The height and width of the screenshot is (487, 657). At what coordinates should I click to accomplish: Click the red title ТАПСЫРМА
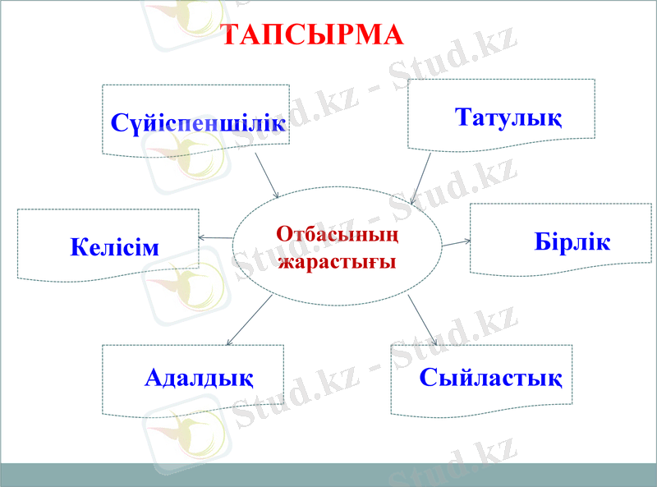(314, 34)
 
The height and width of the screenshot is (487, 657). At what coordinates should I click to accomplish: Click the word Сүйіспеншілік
(198, 124)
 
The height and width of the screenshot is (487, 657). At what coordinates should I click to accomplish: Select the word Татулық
(508, 117)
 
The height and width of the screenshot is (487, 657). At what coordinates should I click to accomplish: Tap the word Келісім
(114, 246)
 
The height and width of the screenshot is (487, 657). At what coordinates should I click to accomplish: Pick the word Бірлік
(572, 242)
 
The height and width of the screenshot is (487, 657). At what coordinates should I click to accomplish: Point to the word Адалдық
(199, 378)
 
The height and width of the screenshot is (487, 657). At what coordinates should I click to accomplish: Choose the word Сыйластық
(490, 378)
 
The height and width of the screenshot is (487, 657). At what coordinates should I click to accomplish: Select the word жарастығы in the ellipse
(338, 262)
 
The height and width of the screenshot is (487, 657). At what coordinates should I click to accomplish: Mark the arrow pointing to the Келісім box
(216, 238)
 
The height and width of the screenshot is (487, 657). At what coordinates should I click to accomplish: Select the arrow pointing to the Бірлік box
(456, 243)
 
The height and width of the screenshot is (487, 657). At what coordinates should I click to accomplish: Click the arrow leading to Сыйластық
(422, 320)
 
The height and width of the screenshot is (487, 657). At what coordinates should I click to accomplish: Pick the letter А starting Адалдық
(154, 378)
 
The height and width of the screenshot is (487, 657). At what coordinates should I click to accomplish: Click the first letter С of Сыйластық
(429, 378)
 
